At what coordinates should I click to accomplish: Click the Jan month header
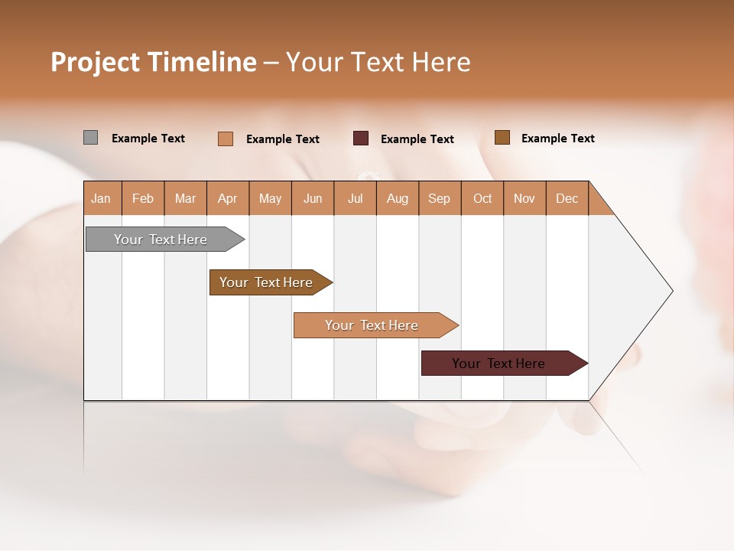coord(101,198)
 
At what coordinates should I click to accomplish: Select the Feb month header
coord(143,198)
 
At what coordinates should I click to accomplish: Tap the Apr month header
coord(227,198)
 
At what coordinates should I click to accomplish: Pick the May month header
coord(270,198)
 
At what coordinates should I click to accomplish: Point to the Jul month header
coord(355,198)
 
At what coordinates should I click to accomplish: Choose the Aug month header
coord(397,198)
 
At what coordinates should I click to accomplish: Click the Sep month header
coord(439,198)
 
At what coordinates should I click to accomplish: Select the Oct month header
coord(482,198)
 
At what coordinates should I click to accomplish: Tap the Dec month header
coord(567,198)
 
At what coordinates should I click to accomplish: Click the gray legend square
coord(90,138)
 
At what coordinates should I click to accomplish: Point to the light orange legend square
coord(225,139)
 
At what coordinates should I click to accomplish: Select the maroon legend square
coord(361,139)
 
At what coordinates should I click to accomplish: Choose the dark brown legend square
coord(502,138)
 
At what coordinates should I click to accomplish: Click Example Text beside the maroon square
coord(417,139)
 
